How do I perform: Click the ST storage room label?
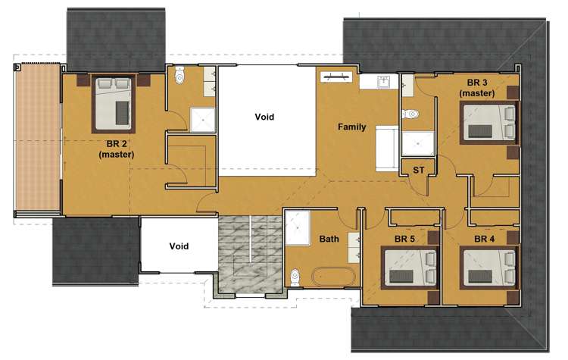tap(418, 170)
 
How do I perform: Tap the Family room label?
tap(351, 127)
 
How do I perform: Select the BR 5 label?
tap(404, 239)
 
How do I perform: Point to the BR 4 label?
tap(485, 239)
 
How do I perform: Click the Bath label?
tap(329, 239)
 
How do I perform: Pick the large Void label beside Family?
tap(264, 117)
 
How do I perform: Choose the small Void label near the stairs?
tap(179, 246)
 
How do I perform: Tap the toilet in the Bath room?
tap(295, 277)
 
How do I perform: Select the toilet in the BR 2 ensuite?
tap(179, 75)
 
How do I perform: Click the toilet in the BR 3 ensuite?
tap(410, 114)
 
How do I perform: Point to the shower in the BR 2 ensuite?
tap(203, 120)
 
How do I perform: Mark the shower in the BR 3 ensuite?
tap(417, 143)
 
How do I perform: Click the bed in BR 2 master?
tap(114, 104)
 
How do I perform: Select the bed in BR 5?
tap(410, 268)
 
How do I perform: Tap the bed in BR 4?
tap(489, 268)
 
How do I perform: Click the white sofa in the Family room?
tap(387, 149)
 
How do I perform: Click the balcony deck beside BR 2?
tap(37, 136)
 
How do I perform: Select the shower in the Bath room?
tap(298, 227)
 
